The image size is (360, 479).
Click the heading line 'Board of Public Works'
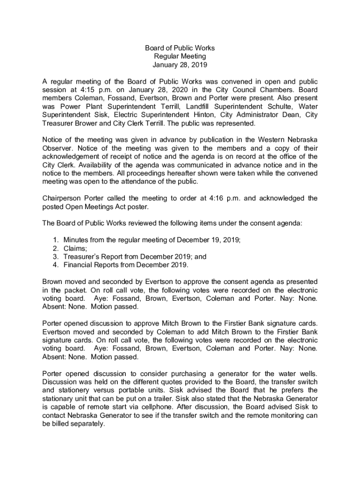pyautogui.click(x=180, y=48)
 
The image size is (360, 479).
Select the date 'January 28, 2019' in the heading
pyautogui.click(x=180, y=65)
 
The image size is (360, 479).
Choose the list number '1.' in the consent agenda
pyautogui.click(x=56, y=240)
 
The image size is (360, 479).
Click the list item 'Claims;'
pyautogui.click(x=75, y=248)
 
